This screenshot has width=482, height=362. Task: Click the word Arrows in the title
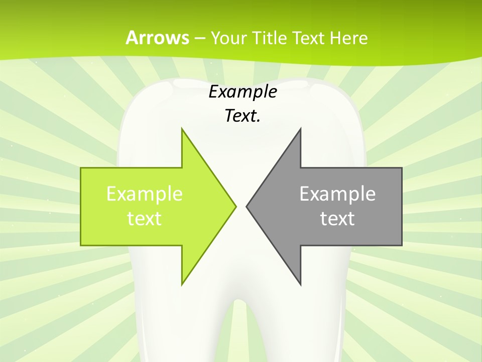click(157, 38)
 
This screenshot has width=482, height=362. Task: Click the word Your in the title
click(228, 38)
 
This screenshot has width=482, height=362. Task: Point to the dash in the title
click(200, 38)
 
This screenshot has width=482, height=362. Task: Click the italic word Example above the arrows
click(243, 92)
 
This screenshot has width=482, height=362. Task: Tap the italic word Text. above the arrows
click(243, 116)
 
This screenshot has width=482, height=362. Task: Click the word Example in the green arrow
click(145, 194)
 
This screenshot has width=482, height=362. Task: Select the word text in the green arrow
click(145, 219)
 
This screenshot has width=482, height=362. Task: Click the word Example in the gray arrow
click(337, 194)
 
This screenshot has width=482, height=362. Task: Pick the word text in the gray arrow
click(337, 219)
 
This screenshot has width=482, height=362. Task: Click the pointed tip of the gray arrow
click(247, 206)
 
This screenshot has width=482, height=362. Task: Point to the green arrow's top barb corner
click(182, 129)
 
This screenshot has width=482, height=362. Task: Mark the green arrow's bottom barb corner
click(182, 284)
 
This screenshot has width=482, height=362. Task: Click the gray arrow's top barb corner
click(300, 129)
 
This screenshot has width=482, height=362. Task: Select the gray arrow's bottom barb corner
click(300, 284)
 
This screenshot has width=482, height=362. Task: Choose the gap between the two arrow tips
click(241, 206)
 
